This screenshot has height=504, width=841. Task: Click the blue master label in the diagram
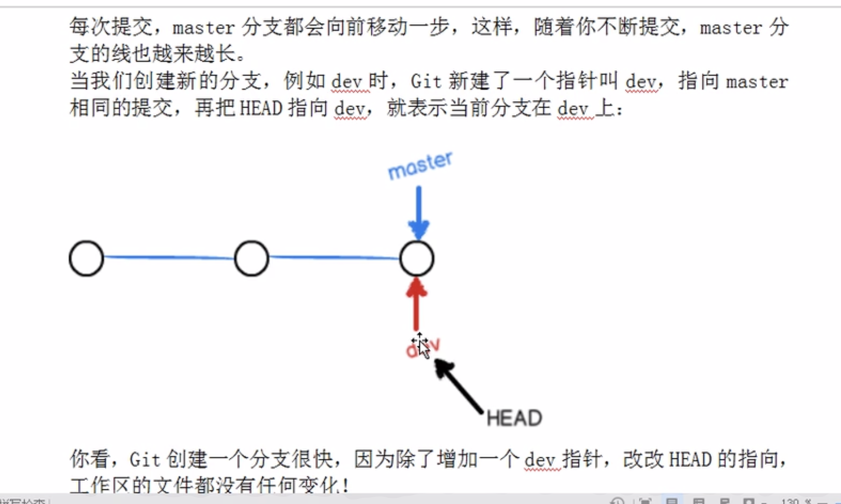point(420,166)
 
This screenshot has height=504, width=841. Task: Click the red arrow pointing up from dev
point(416,304)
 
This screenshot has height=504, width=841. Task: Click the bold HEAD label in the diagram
point(514,418)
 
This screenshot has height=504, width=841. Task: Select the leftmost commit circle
point(87,258)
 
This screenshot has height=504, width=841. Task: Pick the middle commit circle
point(251,258)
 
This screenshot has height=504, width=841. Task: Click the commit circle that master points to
point(417,258)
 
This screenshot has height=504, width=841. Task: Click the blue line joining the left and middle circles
point(169,257)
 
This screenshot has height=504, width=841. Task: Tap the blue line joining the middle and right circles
point(334,257)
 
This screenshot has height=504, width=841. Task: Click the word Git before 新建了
point(426,82)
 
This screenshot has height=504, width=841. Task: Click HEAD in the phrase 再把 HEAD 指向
point(261,108)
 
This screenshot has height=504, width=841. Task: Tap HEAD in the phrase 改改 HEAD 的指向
point(690,460)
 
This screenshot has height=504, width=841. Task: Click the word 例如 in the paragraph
point(304,82)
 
